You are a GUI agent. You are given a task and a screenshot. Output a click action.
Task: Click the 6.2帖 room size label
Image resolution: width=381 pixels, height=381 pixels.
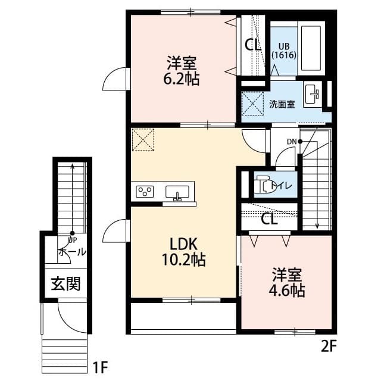click(183, 78)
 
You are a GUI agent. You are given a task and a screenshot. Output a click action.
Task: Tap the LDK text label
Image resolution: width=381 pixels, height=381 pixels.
click(184, 244)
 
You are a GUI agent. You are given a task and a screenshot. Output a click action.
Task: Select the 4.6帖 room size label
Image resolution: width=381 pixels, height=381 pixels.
click(288, 291)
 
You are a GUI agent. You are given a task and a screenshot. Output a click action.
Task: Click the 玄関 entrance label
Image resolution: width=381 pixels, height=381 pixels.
click(65, 283)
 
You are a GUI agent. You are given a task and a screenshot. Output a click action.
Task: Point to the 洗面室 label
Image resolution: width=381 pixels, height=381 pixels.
click(282, 104)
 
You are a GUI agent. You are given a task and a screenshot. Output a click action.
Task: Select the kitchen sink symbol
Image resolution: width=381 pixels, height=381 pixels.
click(177, 192)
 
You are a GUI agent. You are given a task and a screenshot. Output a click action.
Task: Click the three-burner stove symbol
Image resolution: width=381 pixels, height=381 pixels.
click(145, 192)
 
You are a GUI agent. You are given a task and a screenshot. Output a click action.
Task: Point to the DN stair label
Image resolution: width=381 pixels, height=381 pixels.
click(292, 141)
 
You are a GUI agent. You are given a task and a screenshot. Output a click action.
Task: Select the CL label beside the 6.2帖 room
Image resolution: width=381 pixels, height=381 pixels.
click(252, 44)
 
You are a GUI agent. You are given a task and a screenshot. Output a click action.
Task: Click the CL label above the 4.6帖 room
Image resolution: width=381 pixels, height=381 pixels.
click(269, 218)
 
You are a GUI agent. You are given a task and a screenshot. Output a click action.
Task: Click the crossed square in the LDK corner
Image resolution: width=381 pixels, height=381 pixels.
click(143, 140)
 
